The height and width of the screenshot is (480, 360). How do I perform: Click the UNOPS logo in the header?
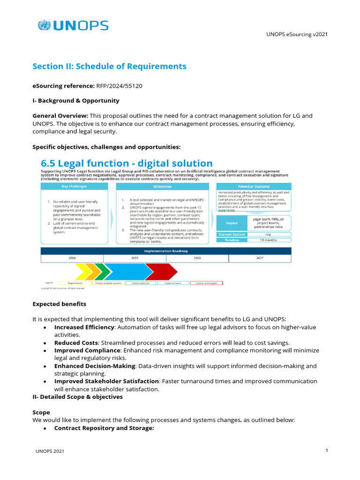tap(73, 26)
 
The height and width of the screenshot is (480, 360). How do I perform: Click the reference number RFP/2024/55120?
tap(120, 86)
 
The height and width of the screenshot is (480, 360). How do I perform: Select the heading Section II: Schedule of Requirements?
tap(109, 66)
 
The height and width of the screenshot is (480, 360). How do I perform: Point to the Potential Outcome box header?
tap(253, 187)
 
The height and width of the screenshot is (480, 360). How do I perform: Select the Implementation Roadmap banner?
tap(166, 251)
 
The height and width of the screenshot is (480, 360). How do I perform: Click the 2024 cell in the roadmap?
tap(72, 258)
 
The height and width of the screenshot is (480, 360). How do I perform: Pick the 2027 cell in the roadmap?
tap(260, 258)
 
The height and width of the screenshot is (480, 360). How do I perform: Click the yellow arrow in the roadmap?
tap(83, 271)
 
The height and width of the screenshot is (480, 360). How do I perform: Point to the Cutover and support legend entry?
tap(206, 283)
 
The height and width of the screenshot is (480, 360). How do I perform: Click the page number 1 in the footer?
tap(326, 450)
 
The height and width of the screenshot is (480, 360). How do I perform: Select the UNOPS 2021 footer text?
tap(50, 451)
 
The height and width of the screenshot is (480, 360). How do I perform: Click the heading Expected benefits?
tap(59, 304)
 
